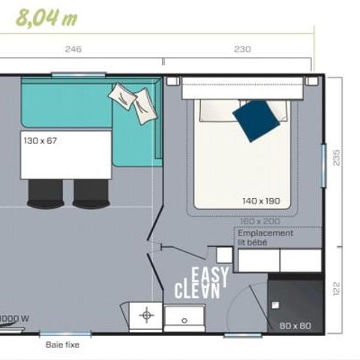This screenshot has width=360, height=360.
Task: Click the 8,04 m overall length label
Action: point(46,17)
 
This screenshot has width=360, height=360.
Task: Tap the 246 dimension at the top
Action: point(73,49)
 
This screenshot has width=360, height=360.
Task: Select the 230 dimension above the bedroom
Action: point(241,49)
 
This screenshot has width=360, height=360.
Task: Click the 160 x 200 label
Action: point(259,222)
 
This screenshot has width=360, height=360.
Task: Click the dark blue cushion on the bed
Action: point(254,118)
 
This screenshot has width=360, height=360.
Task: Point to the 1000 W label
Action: point(14,317)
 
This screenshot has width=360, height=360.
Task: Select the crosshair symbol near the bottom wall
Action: point(146,314)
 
